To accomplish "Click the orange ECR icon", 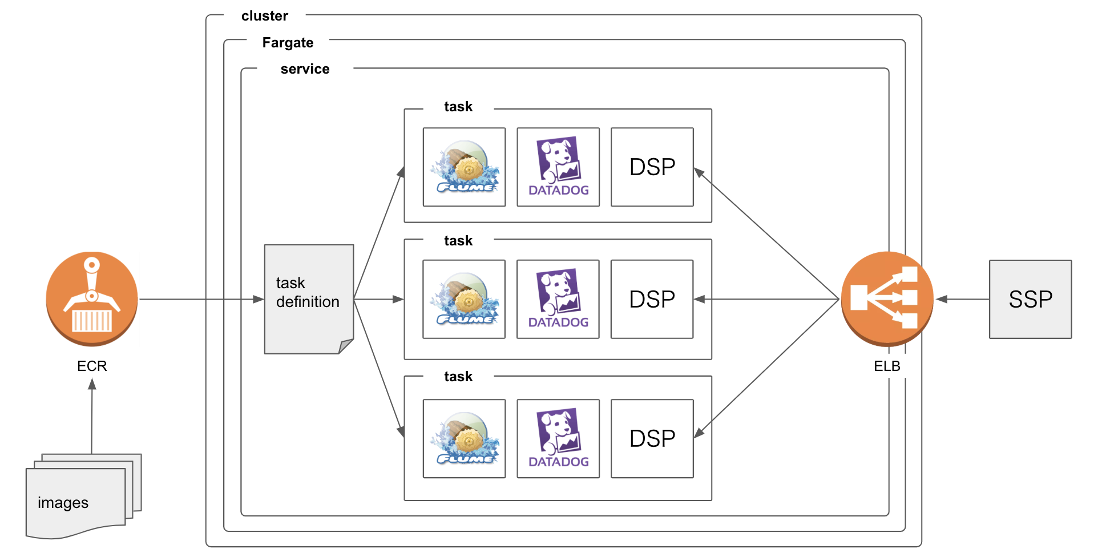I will [x=92, y=298].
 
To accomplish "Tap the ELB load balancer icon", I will [x=887, y=298].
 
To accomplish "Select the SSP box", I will [x=1030, y=299].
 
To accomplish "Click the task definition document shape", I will [x=309, y=298].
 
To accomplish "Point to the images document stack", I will [x=77, y=499].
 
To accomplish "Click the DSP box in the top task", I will [x=652, y=167].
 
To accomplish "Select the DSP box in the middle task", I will [x=652, y=299].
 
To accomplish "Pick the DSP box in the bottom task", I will [x=652, y=438].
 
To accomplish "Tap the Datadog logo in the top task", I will [x=558, y=167].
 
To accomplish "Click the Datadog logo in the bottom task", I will [x=558, y=438].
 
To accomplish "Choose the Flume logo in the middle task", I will [x=464, y=299].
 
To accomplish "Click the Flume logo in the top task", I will [x=464, y=167].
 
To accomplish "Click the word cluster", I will [x=264, y=16].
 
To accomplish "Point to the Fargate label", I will [x=288, y=43].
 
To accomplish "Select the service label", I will [x=305, y=69].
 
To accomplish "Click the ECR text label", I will [x=92, y=366].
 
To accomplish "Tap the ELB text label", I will [x=887, y=366].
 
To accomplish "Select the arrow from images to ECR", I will [x=92, y=417].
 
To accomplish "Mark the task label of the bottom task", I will [x=458, y=377].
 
